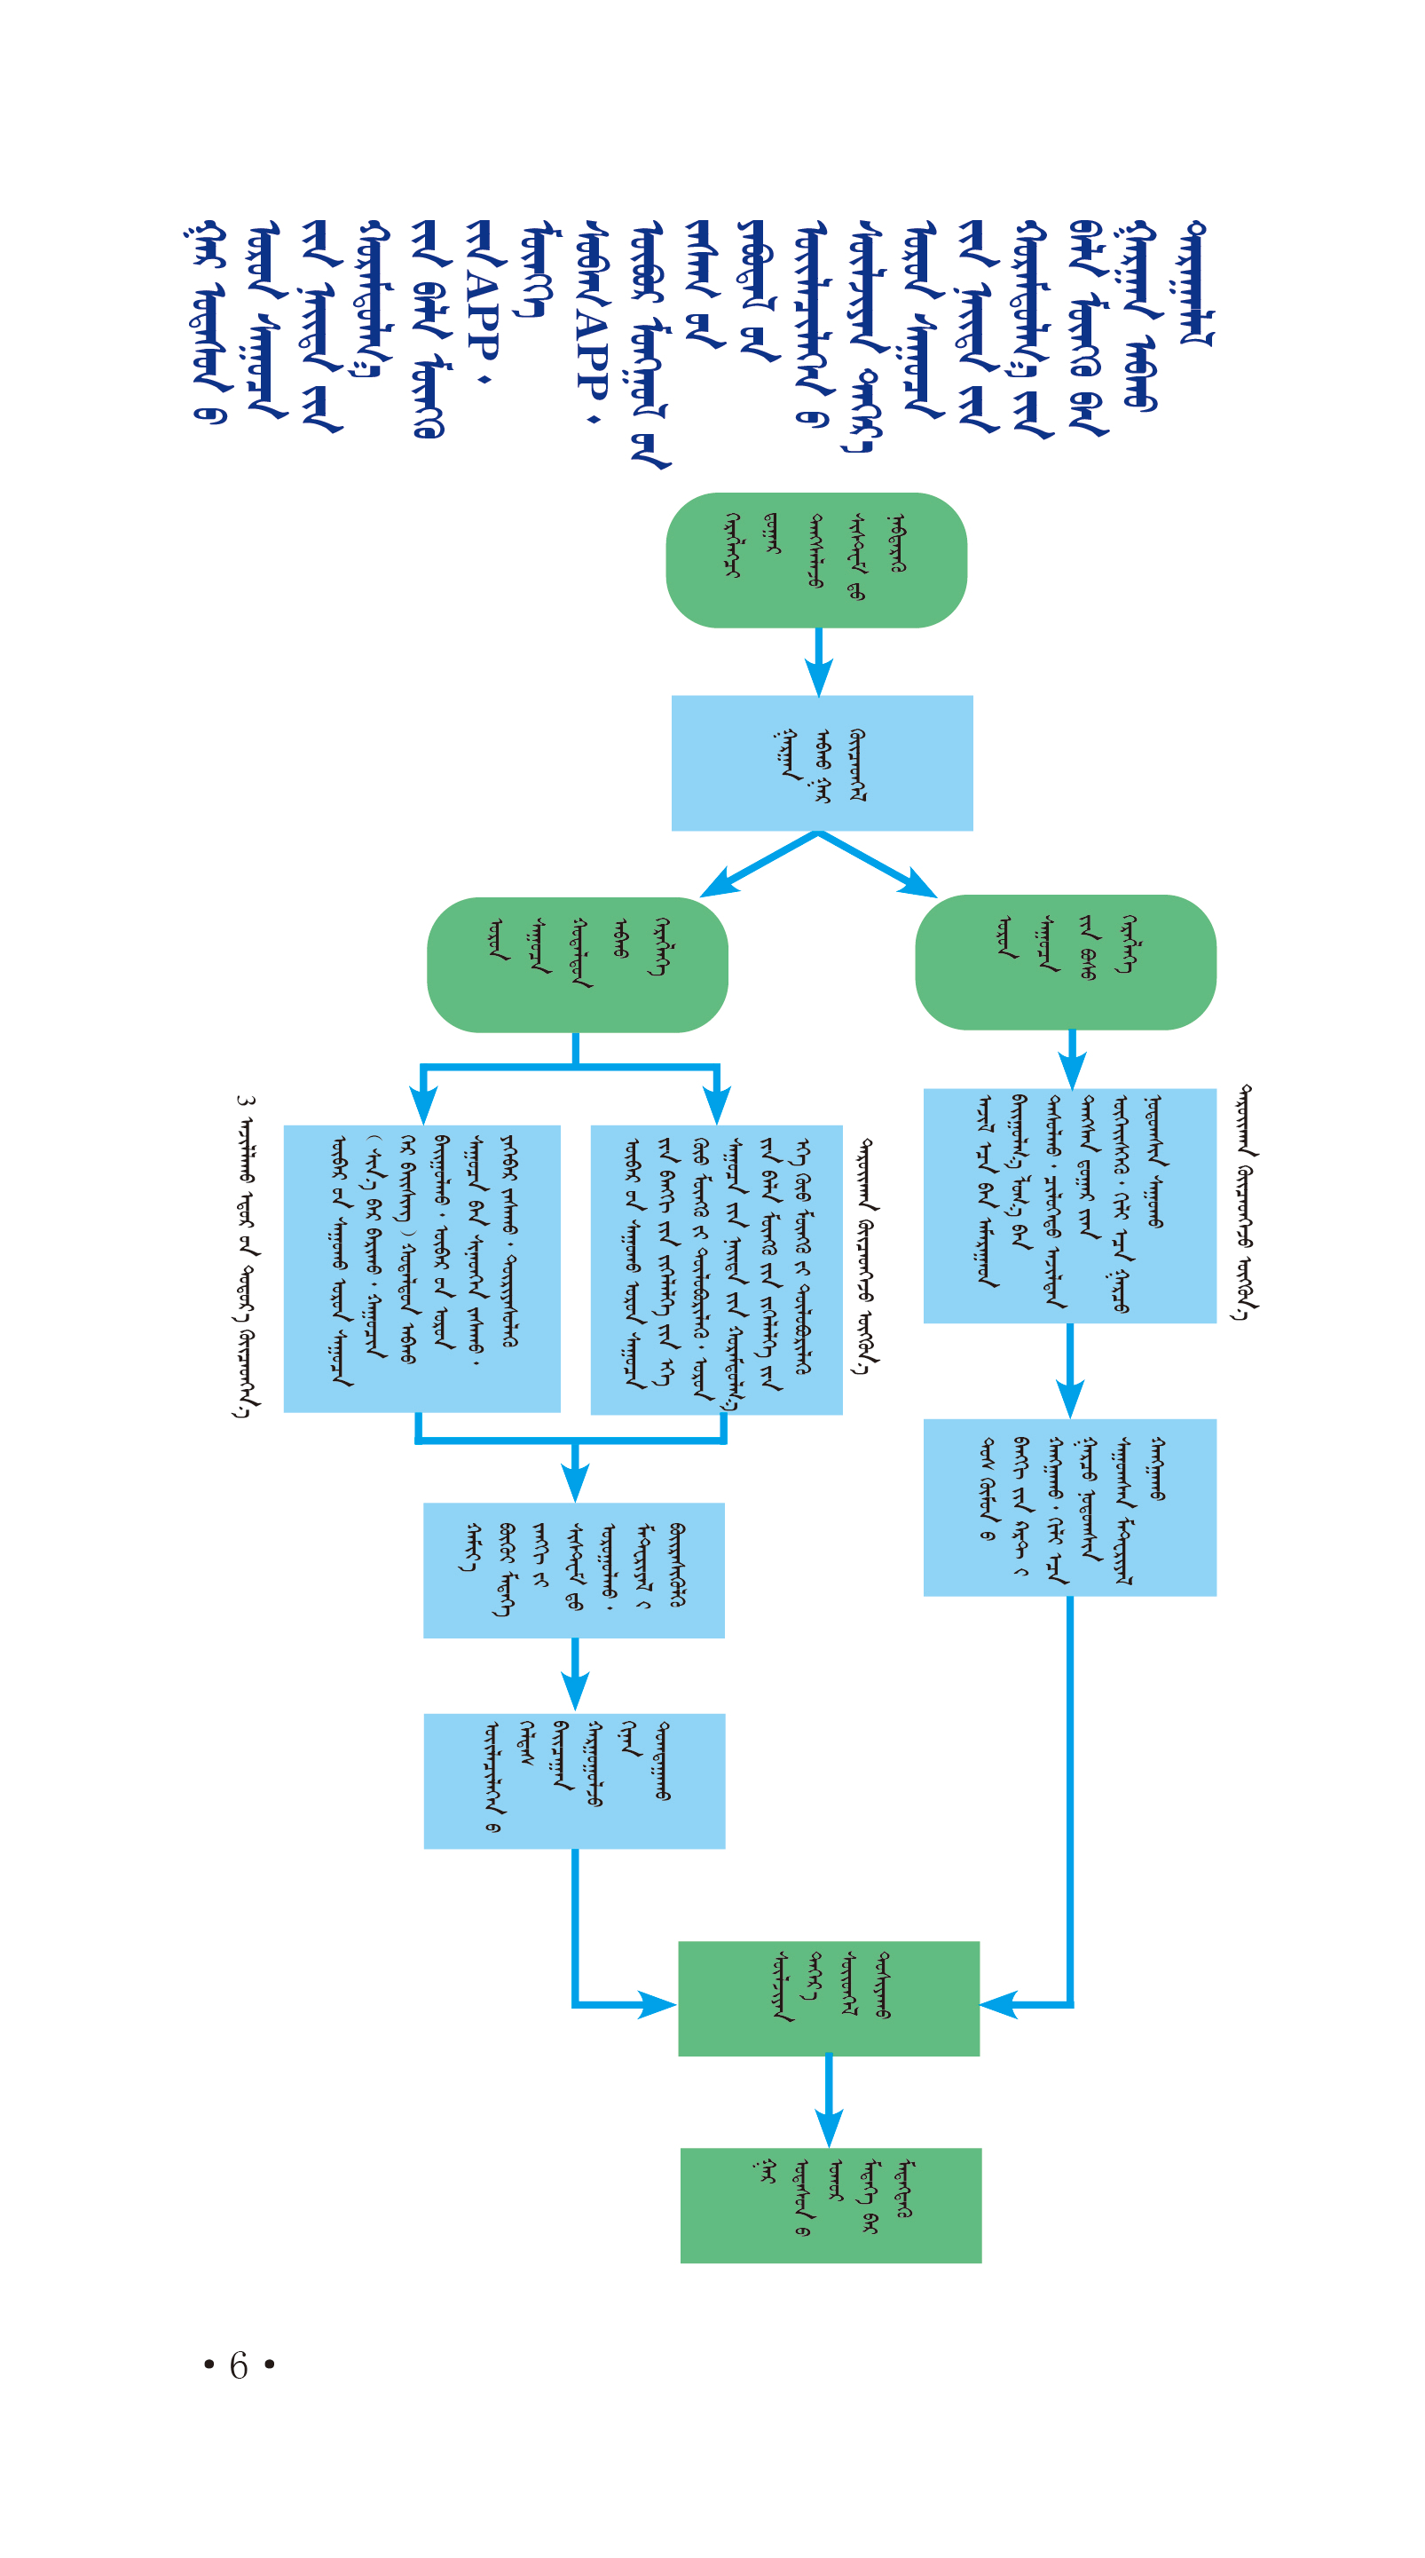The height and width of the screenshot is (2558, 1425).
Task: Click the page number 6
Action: pyautogui.click(x=239, y=2365)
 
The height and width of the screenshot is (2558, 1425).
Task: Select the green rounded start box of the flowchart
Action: pyautogui.click(x=816, y=560)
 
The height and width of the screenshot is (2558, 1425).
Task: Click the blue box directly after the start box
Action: pyautogui.click(x=823, y=762)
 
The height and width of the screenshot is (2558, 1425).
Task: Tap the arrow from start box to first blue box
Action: pyautogui.click(x=818, y=661)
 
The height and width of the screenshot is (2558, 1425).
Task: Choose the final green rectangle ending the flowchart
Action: pyautogui.click(x=831, y=2206)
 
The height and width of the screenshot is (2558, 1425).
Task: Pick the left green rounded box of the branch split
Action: pyautogui.click(x=577, y=965)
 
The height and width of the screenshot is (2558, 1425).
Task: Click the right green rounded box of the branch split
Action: pyautogui.click(x=1066, y=962)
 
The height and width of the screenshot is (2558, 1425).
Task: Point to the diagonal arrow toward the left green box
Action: pyautogui.click(x=759, y=864)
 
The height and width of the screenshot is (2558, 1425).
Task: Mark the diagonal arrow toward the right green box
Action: pyautogui.click(x=877, y=864)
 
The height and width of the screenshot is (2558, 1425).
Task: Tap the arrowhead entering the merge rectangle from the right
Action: pyautogui.click(x=998, y=2005)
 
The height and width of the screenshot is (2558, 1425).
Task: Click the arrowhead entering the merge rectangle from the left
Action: pyautogui.click(x=657, y=2005)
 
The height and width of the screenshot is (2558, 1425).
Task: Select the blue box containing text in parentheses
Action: pyautogui.click(x=422, y=1268)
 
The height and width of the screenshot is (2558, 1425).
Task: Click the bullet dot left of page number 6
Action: pyautogui.click(x=209, y=2365)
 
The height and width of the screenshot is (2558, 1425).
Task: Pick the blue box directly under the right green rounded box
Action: pyautogui.click(x=1069, y=1205)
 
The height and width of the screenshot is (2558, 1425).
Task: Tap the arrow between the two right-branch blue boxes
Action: pyautogui.click(x=1069, y=1370)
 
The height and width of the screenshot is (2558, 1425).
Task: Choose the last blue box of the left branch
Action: pyautogui.click(x=574, y=1780)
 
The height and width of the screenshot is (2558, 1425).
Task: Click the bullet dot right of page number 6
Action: pyautogui.click(x=269, y=2365)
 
